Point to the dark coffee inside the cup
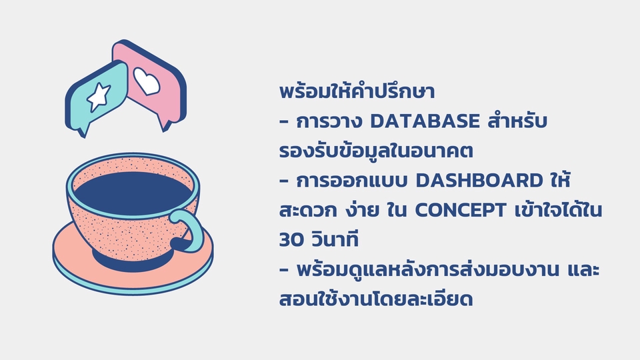(x=133, y=190)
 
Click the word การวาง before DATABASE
(x=327, y=122)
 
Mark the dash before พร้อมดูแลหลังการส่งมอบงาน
(x=284, y=270)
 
